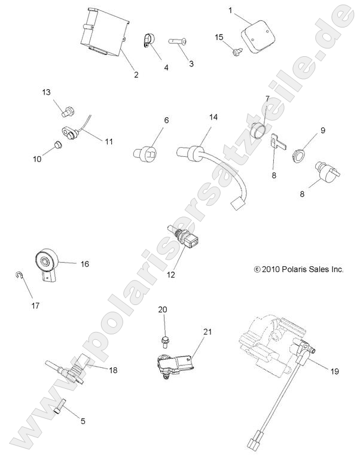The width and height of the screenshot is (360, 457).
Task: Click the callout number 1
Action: click(231, 11)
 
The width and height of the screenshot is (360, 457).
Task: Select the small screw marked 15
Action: click(236, 52)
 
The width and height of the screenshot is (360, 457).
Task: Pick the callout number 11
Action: click(109, 142)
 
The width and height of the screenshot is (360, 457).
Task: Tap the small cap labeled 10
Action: click(57, 144)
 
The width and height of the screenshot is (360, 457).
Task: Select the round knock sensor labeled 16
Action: click(47, 263)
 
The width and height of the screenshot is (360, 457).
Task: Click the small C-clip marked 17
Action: click(19, 275)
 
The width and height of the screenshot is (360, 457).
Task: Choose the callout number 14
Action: click(213, 117)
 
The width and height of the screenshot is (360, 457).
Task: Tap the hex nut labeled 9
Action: click(298, 156)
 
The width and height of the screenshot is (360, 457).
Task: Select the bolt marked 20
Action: click(165, 341)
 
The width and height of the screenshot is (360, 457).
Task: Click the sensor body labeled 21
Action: click(174, 365)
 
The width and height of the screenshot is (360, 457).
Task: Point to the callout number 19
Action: click(335, 371)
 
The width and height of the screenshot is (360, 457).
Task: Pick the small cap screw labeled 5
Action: click(60, 406)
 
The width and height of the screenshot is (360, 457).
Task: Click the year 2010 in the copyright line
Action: click(270, 269)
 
